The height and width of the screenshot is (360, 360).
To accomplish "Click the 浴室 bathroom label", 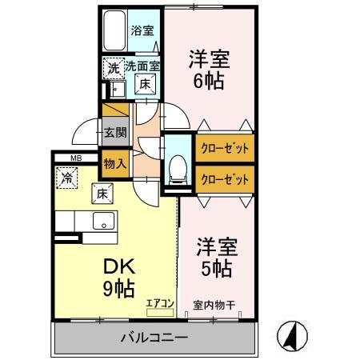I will [x=143, y=32].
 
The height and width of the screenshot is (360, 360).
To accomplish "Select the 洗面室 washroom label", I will [x=138, y=68].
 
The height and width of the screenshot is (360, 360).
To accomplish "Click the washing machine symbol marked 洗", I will [x=113, y=69].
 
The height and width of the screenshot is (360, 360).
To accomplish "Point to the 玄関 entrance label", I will [x=114, y=133].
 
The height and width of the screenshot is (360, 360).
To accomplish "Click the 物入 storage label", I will [x=114, y=163].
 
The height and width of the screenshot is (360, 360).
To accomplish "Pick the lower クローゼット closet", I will [x=223, y=178].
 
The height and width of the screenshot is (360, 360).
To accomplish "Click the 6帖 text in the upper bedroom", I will [x=206, y=81].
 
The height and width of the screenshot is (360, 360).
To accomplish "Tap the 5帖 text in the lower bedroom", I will [x=214, y=268].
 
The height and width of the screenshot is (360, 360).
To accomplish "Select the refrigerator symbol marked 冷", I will [x=67, y=178].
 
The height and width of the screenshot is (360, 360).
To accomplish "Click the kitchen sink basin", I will [x=103, y=221].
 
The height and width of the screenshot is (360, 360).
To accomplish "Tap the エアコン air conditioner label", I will [x=159, y=302].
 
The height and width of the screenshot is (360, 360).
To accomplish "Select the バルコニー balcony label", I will [x=154, y=337].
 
